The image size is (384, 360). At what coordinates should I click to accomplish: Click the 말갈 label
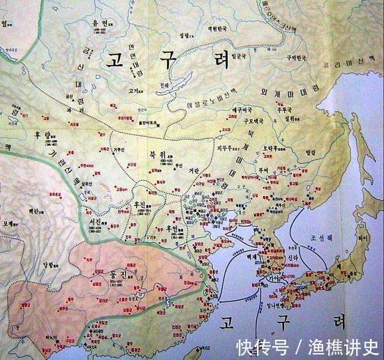pyautogui.click(x=311, y=151)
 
